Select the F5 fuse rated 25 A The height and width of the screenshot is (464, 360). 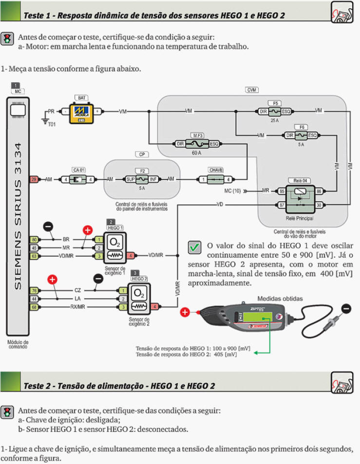pos(275,111)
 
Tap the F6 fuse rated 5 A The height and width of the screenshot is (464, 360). pos(302,135)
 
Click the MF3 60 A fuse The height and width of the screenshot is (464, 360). pos(197,144)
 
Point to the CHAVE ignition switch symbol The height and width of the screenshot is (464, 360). pos(216,179)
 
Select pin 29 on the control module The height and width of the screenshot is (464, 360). pos(34,180)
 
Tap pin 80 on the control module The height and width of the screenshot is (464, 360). pos(34,240)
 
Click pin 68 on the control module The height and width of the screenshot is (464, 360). pos(34,307)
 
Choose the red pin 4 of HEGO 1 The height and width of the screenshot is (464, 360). pos(131,255)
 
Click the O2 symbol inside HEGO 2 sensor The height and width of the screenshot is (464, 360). pos(139,294)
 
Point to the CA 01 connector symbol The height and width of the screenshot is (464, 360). pos(78,180)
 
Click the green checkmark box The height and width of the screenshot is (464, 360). pos(194,248)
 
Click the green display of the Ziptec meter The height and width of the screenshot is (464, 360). pos(257,317)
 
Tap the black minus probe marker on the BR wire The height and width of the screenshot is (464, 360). pos(48,226)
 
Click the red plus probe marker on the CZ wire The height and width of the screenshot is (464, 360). pos(52,279)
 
